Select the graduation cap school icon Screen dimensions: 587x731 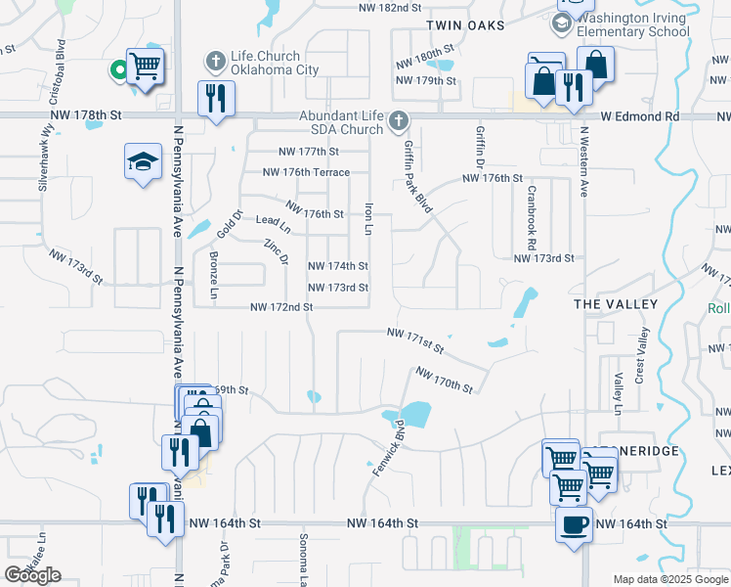tap(143, 161)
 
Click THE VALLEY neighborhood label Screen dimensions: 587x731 tap(616, 305)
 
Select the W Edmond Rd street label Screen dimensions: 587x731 tap(639, 115)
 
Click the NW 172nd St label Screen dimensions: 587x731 tap(281, 307)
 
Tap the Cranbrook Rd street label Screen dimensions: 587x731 tap(532, 217)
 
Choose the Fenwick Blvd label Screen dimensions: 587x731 tap(388, 448)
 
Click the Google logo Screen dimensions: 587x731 tap(32, 575)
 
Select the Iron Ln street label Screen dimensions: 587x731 tap(368, 218)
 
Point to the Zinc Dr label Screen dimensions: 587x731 tap(277, 253)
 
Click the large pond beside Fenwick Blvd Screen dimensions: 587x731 tap(415, 415)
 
